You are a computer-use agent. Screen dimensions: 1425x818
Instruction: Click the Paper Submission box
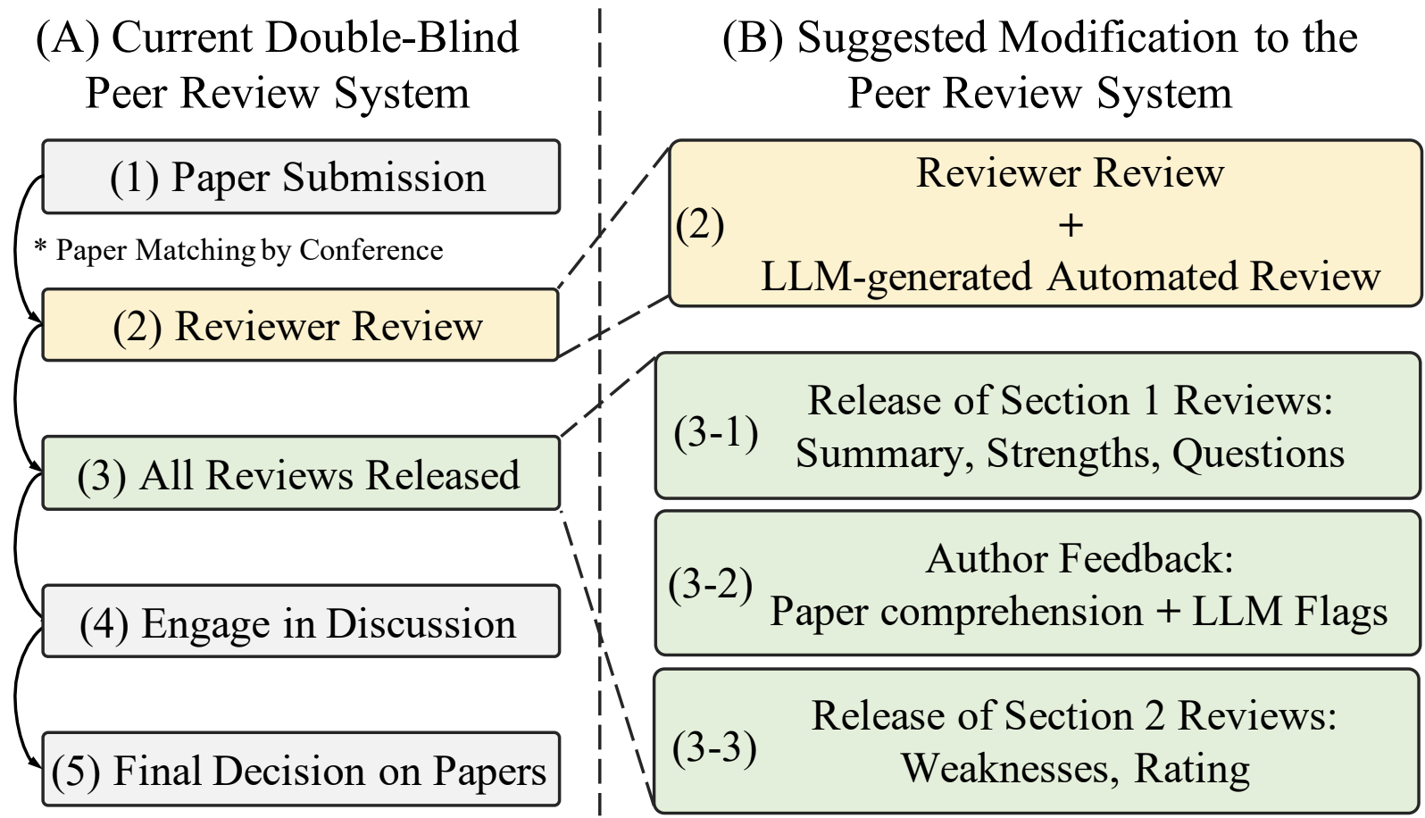coord(301,177)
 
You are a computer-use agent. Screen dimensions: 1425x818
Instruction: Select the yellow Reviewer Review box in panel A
coord(300,325)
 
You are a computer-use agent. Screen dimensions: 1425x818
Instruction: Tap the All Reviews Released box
coord(301,473)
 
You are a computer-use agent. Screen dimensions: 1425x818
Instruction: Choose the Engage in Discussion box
coord(301,622)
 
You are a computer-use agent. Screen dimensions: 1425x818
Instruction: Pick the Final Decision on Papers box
coord(301,770)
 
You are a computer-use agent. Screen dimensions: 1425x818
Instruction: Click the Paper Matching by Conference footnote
coord(238,250)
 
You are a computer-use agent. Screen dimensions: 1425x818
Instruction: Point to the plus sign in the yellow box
coord(1071,226)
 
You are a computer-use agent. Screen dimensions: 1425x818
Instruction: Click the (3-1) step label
coord(716,433)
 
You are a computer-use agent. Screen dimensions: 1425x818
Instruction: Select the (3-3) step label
coord(714,747)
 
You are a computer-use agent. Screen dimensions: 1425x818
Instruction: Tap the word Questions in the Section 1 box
coord(1258,455)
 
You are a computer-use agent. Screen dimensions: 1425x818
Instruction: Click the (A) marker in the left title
coord(68,38)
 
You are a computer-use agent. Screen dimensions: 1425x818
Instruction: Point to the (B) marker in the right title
coord(753,38)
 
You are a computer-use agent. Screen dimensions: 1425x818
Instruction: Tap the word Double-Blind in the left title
coord(393,37)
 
